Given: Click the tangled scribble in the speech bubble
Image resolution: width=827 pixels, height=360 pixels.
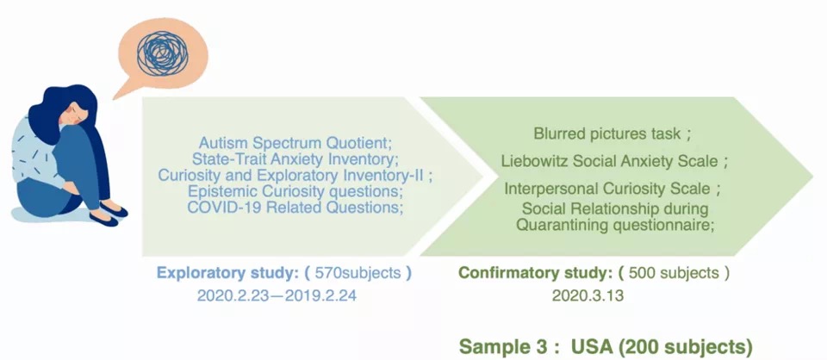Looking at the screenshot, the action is pyautogui.click(x=163, y=53).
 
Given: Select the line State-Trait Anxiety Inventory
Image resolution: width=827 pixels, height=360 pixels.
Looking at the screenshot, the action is pyautogui.click(x=294, y=158).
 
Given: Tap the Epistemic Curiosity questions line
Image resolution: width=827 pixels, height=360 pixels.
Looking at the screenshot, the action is pyautogui.click(x=295, y=191).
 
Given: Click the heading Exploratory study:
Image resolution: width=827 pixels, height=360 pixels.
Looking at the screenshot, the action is pyautogui.click(x=227, y=274).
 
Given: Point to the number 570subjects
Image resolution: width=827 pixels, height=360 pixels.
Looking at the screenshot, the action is pyautogui.click(x=358, y=274).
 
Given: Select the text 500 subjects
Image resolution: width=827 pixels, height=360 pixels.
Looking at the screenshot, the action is pyautogui.click(x=674, y=273).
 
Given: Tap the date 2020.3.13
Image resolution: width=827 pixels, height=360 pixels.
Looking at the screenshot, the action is pyautogui.click(x=588, y=295).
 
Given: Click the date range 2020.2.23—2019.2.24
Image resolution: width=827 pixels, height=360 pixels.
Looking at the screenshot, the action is pyautogui.click(x=277, y=295).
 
